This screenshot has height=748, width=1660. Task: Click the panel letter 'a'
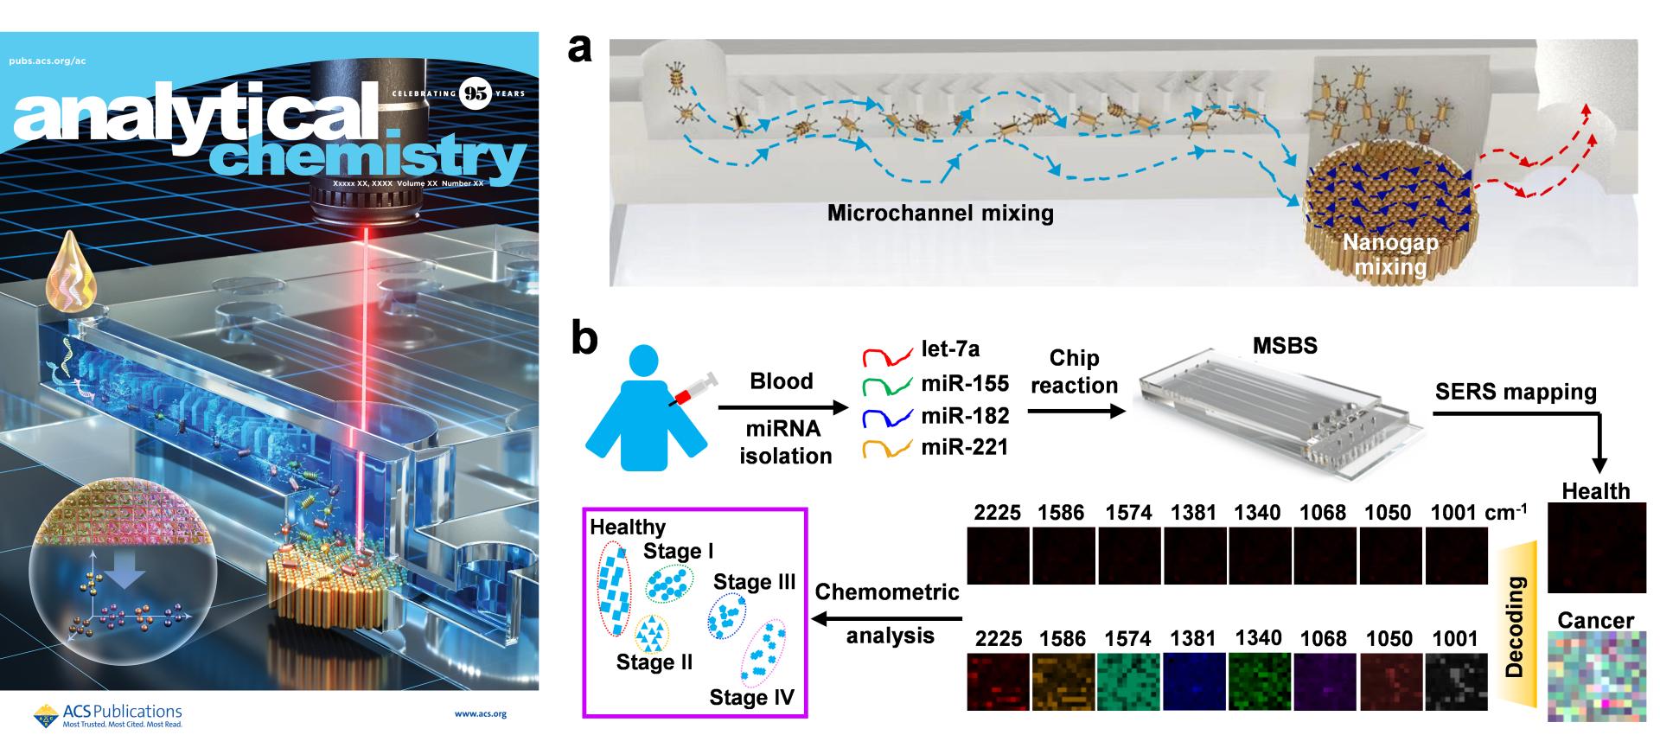tap(580, 49)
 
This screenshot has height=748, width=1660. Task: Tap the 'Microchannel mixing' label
tap(941, 213)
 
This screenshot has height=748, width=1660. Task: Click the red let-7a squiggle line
tap(887, 355)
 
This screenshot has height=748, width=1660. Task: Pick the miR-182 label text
tap(965, 416)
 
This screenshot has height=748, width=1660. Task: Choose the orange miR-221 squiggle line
tap(887, 448)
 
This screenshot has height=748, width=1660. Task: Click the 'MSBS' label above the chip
tap(1285, 346)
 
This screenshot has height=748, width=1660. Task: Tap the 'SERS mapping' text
tap(1516, 392)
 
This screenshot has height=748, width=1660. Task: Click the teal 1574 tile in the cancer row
tap(1129, 682)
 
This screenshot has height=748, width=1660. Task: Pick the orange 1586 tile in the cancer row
tap(1063, 682)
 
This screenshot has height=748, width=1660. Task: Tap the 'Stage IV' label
tap(751, 697)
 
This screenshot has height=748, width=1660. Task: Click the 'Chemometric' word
tap(887, 592)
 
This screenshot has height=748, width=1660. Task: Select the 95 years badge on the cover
tap(476, 93)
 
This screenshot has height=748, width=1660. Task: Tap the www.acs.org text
tap(480, 714)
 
